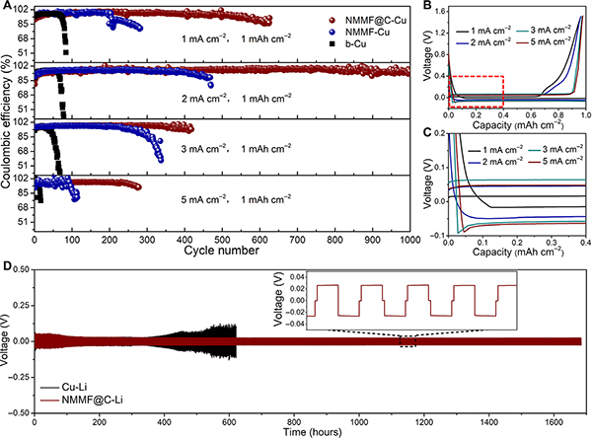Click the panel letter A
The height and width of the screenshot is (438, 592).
click(x=7, y=7)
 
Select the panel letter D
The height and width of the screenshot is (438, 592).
click(x=7, y=266)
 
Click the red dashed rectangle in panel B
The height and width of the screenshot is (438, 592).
click(x=477, y=93)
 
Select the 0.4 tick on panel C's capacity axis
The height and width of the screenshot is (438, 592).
click(x=584, y=242)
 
